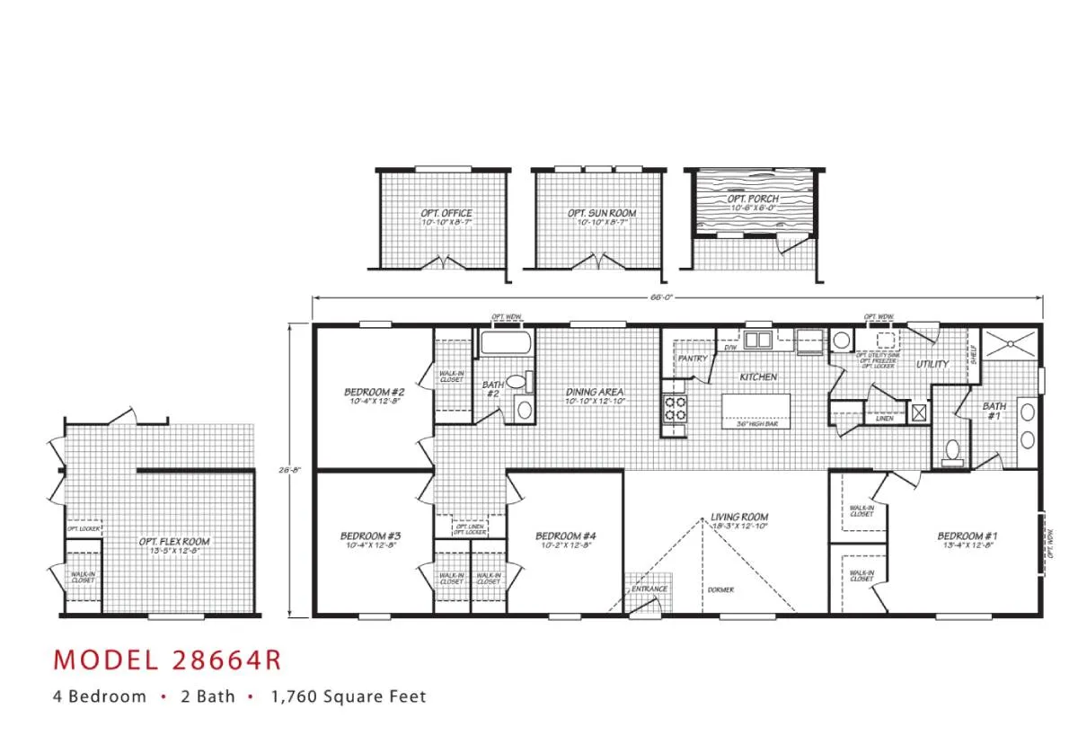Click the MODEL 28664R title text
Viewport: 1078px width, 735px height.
[167, 660]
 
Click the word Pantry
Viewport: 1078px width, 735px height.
[693, 359]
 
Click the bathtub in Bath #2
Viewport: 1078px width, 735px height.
[507, 344]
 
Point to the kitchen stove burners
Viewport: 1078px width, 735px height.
[675, 411]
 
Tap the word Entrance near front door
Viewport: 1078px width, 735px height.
[649, 589]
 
